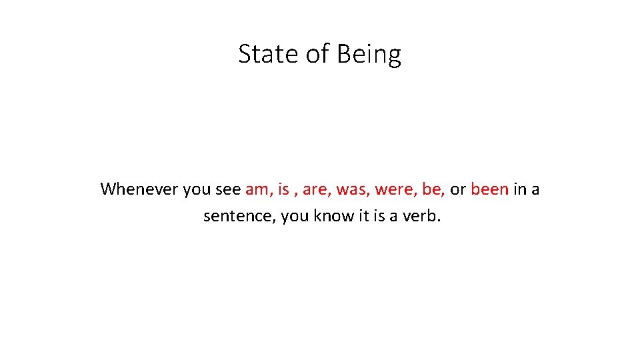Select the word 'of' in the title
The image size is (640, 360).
[x=317, y=54]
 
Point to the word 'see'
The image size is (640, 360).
[x=227, y=189]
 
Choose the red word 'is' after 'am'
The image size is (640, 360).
[x=283, y=189]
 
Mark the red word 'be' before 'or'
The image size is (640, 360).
[x=432, y=189]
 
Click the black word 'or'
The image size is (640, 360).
[x=457, y=189]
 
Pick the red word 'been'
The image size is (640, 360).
[x=489, y=189]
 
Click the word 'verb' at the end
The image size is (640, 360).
[x=421, y=217]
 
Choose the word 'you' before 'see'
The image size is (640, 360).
[x=197, y=189]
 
